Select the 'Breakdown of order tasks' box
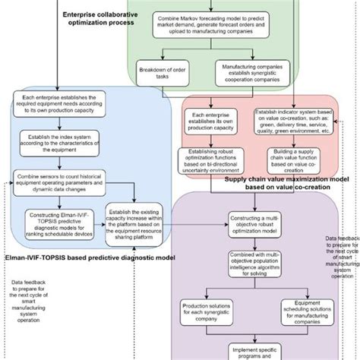coord(163,73)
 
